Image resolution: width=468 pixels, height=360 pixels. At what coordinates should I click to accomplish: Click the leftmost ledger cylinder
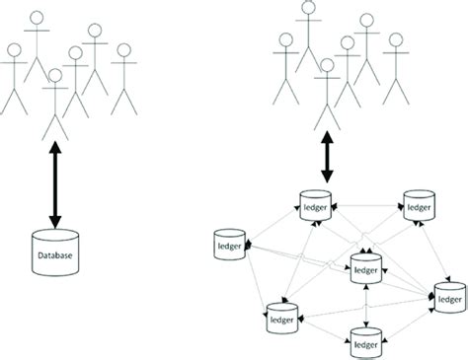229,242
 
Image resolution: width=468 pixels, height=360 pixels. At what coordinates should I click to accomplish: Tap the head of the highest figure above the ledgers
308,11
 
